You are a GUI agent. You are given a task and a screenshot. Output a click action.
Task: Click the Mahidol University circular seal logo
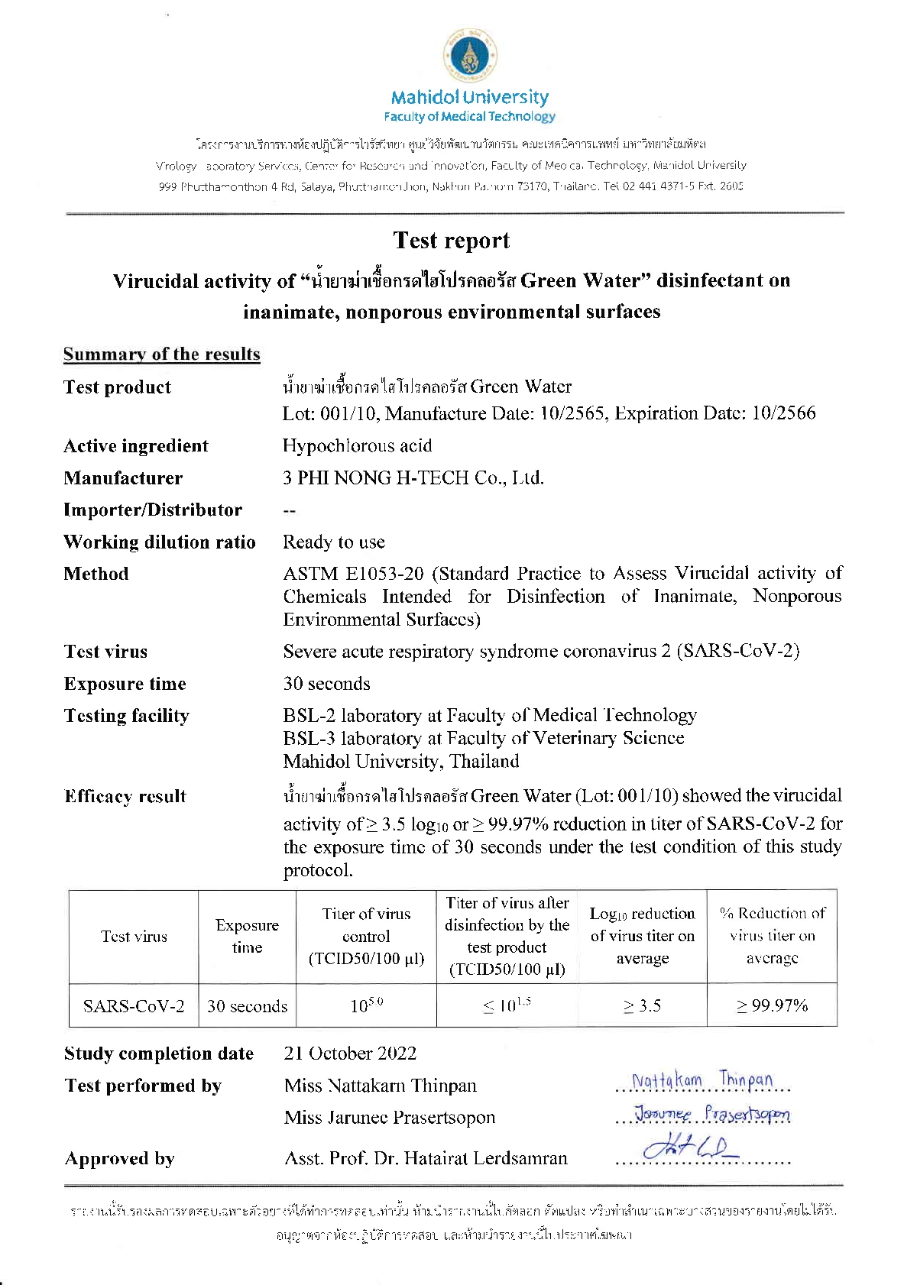[x=470, y=57]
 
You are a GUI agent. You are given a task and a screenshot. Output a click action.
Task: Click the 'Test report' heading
[x=451, y=241]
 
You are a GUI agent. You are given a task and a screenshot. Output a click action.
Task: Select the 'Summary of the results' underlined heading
[x=161, y=354]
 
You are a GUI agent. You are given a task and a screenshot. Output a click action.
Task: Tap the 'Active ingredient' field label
[x=136, y=446]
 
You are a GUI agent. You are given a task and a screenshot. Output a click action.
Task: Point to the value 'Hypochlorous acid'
[x=357, y=446]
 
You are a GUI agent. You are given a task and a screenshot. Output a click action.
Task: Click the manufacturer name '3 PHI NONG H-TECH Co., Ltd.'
[x=413, y=478]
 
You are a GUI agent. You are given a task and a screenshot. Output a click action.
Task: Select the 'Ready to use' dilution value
[x=334, y=542]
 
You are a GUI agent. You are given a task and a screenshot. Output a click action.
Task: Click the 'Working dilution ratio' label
[x=160, y=542]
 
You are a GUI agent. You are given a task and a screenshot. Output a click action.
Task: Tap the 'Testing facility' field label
[x=127, y=716]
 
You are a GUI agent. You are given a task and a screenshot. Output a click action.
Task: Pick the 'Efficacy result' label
[x=125, y=796]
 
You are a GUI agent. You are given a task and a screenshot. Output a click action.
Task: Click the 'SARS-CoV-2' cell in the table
[x=134, y=1005]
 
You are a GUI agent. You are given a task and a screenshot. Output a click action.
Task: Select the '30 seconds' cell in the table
[x=247, y=1006]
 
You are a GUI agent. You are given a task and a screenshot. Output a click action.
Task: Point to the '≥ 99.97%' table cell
[x=772, y=1005]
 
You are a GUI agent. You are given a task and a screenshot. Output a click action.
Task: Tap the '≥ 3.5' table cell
[x=642, y=1005]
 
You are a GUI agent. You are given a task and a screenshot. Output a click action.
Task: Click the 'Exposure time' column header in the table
[x=247, y=936]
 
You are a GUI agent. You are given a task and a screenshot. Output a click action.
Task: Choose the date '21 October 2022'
[x=350, y=1054]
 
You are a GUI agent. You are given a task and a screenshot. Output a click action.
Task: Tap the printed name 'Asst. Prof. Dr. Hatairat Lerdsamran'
[x=426, y=1158]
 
